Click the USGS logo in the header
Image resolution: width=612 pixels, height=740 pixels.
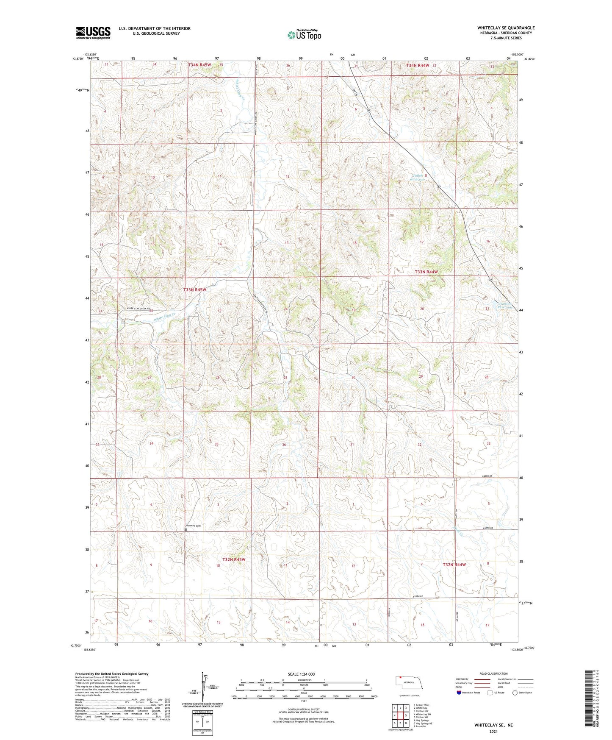(x=93, y=33)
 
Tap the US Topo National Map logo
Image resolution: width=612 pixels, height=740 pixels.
(x=304, y=35)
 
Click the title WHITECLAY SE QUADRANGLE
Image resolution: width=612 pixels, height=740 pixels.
(x=506, y=28)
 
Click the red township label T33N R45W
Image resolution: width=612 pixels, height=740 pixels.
(x=194, y=290)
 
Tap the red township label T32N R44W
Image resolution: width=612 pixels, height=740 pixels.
(x=454, y=565)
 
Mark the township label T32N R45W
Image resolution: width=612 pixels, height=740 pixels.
(x=234, y=559)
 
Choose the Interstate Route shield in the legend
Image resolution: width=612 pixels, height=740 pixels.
(x=459, y=693)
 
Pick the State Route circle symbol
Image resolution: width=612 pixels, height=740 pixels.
(x=515, y=693)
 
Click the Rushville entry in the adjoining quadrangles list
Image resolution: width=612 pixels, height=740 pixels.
(x=420, y=726)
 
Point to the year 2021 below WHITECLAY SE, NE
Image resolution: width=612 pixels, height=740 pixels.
(x=493, y=732)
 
